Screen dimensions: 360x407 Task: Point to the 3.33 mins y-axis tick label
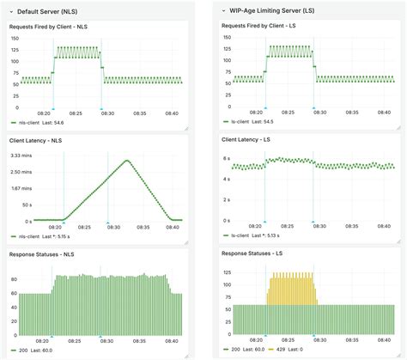(21, 156)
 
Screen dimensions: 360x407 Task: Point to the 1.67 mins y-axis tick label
(21, 187)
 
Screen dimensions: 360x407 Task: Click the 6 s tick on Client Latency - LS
(225, 159)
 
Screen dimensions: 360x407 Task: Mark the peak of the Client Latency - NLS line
(126, 160)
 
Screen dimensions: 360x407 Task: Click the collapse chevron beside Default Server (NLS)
(9, 10)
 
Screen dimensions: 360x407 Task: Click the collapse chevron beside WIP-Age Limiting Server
(223, 11)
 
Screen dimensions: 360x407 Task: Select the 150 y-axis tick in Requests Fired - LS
(228, 40)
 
